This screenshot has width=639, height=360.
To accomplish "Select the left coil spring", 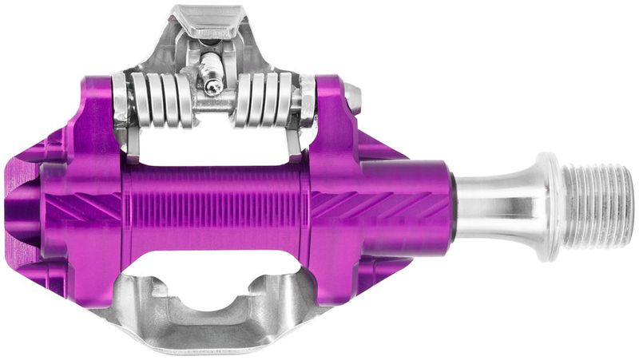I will pyautogui.click(x=164, y=100).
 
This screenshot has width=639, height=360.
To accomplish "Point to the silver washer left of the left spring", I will pyautogui.click(x=121, y=101).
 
